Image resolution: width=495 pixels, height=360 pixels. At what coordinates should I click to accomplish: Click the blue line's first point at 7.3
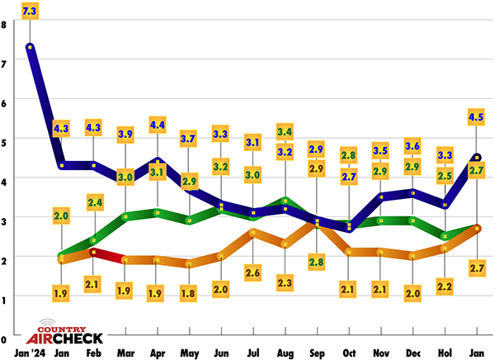pos(30,47)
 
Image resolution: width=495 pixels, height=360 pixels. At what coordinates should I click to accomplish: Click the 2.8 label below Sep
pos(317,261)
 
